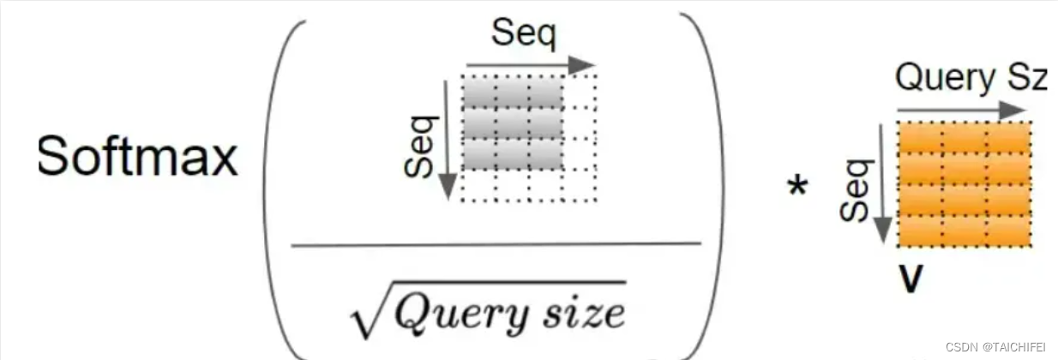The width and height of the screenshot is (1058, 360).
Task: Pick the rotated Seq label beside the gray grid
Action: click(x=419, y=147)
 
